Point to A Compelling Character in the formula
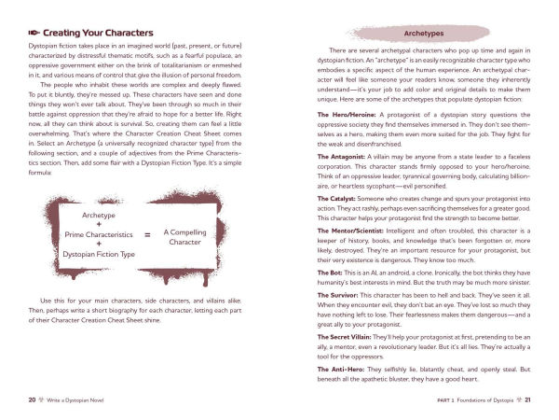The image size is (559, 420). pyautogui.click(x=192, y=235)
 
